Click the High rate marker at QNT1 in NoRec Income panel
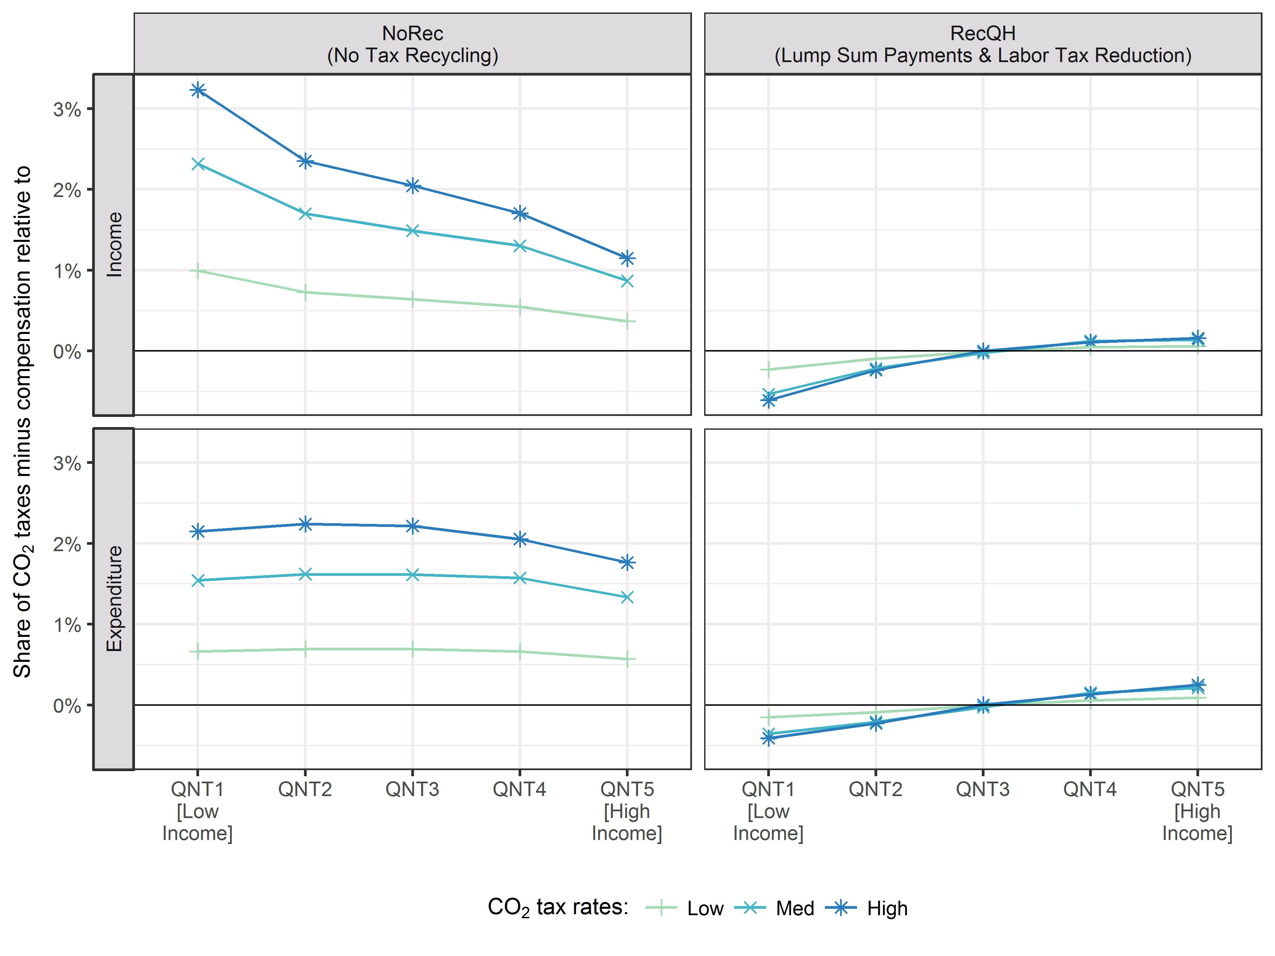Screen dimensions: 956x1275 coord(198,90)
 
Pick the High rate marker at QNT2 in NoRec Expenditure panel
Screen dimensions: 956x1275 coord(305,524)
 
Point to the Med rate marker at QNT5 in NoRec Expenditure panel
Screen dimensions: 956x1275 coord(627,597)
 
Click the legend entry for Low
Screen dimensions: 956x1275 coord(704,909)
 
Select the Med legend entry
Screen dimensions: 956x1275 coord(794,909)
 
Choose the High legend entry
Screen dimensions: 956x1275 coord(887,909)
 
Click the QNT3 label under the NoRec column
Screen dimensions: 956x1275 coord(412,789)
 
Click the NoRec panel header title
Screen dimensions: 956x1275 coord(412,45)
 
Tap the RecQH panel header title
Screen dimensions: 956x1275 coord(983,45)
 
